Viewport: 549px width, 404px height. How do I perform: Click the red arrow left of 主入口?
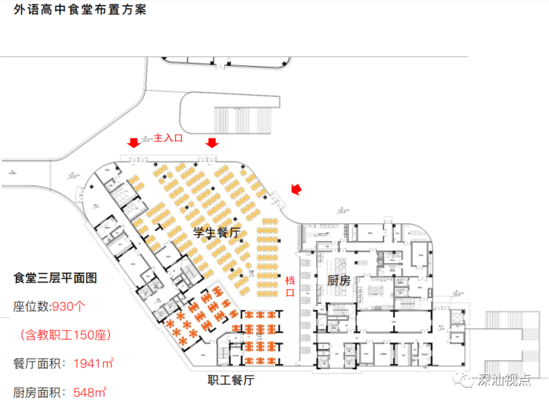[x=134, y=142]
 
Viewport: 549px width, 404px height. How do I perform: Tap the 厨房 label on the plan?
[x=339, y=280]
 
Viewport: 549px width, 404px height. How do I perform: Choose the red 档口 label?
[x=290, y=285]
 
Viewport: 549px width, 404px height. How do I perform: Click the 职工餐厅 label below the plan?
[x=231, y=381]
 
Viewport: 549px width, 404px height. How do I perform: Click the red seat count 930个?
[x=69, y=306]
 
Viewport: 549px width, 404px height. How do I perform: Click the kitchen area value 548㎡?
[x=85, y=391]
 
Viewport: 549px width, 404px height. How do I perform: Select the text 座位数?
[x=30, y=306]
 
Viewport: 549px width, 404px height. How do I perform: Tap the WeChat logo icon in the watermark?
[x=467, y=381]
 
